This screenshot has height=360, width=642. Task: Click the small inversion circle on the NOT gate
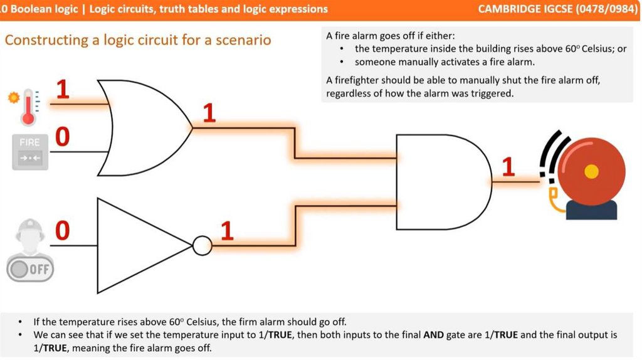[x=202, y=245]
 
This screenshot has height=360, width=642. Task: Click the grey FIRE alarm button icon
[x=29, y=151]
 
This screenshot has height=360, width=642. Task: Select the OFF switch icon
[x=30, y=270]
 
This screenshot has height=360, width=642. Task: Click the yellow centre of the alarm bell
[x=591, y=170]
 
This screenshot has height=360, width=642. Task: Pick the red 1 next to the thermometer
[x=63, y=90]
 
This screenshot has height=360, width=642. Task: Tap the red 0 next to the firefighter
[x=62, y=231]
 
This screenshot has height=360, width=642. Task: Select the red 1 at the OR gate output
[x=209, y=114]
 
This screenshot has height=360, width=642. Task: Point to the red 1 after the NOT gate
[x=227, y=232]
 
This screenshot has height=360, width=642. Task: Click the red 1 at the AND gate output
[x=508, y=167]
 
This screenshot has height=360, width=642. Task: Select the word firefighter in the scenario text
[x=365, y=81]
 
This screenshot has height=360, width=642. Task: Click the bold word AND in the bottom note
[x=434, y=335]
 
